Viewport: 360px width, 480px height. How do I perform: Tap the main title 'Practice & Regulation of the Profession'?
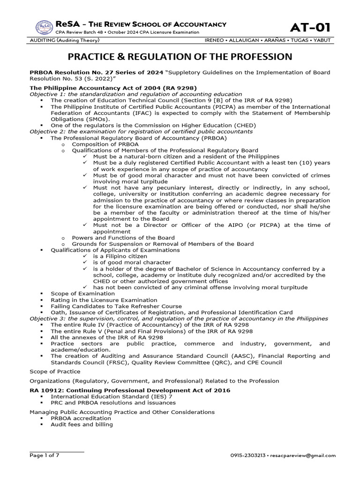point(180,57)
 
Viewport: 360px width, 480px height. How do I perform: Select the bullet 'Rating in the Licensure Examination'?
point(104,300)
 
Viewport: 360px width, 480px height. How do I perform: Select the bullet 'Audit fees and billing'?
point(82,425)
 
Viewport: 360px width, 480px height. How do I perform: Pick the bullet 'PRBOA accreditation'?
point(81,418)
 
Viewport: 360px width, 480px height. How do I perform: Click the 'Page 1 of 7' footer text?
point(46,455)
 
